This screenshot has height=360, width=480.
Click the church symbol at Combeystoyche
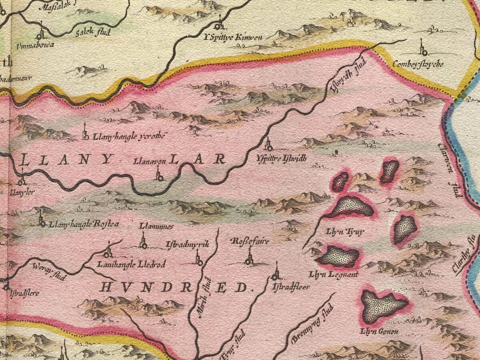point(423,48)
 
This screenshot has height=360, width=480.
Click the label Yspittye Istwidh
point(282,158)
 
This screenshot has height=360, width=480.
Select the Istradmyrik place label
point(187,244)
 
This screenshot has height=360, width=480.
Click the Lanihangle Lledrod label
point(131,264)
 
